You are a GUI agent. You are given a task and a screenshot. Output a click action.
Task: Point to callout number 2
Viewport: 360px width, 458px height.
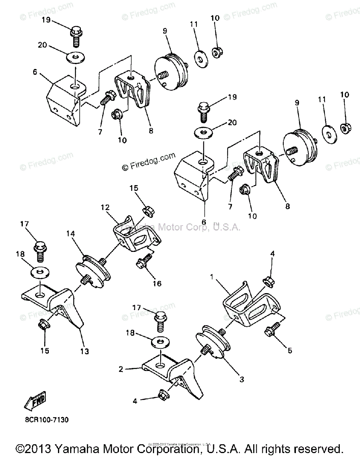point(121,369)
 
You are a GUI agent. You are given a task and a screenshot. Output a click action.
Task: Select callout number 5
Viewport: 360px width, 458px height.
point(290,350)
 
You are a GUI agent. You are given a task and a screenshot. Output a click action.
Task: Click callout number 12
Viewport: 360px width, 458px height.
point(105,208)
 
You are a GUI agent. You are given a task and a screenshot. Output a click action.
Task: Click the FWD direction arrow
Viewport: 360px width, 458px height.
point(35,399)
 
